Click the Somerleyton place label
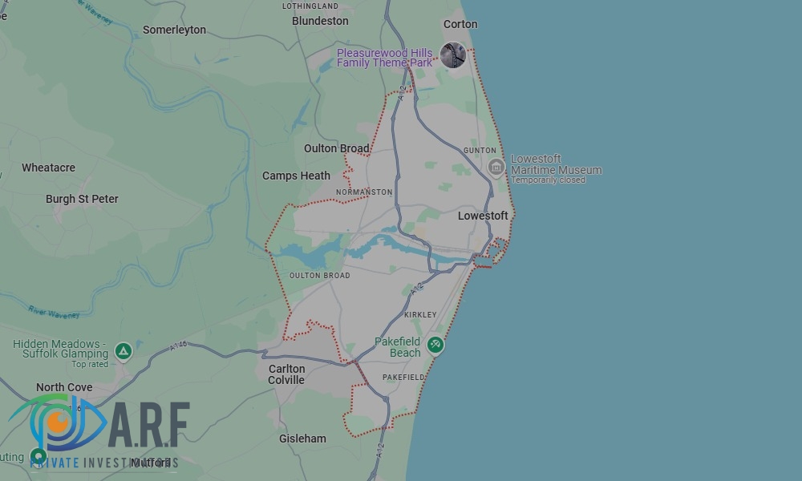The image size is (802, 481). coord(174,30)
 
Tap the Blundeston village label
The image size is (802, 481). coord(320,21)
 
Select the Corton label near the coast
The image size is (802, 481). coord(460,24)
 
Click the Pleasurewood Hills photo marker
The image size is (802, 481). coord(453,55)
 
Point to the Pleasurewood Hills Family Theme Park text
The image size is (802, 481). coord(385,58)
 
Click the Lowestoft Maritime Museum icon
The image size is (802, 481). coord(496,168)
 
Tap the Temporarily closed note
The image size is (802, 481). coord(549,180)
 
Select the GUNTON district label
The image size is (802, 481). coord(480,151)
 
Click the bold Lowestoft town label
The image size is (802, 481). coord(483,216)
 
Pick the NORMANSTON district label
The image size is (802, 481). coord(364,192)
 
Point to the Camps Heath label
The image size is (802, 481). coord(296,176)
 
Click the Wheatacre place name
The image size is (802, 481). coord(48,168)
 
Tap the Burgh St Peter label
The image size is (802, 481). coord(82,199)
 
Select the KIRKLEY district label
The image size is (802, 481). coord(421,315)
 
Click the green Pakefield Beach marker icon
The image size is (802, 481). coord(435,345)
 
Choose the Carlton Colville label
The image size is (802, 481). coord(286,374)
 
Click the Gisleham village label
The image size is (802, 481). coord(302,439)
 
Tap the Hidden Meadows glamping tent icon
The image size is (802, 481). coord(123,350)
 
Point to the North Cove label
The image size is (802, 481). coord(64,387)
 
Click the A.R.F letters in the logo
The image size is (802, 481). coord(148,425)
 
